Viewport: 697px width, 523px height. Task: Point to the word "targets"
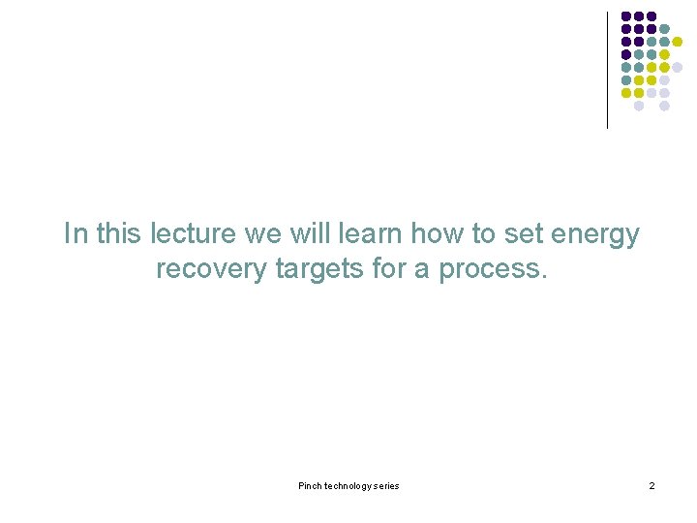(x=319, y=268)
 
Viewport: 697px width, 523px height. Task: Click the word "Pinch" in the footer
(x=311, y=485)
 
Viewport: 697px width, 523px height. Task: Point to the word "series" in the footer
(x=386, y=485)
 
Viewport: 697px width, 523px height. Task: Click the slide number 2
(x=652, y=485)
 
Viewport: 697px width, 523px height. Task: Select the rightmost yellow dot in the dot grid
(x=678, y=42)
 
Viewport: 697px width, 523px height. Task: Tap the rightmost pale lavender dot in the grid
(x=678, y=67)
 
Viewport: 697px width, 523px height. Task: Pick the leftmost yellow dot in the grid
(x=626, y=93)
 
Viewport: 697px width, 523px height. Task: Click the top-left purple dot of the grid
(x=626, y=16)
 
